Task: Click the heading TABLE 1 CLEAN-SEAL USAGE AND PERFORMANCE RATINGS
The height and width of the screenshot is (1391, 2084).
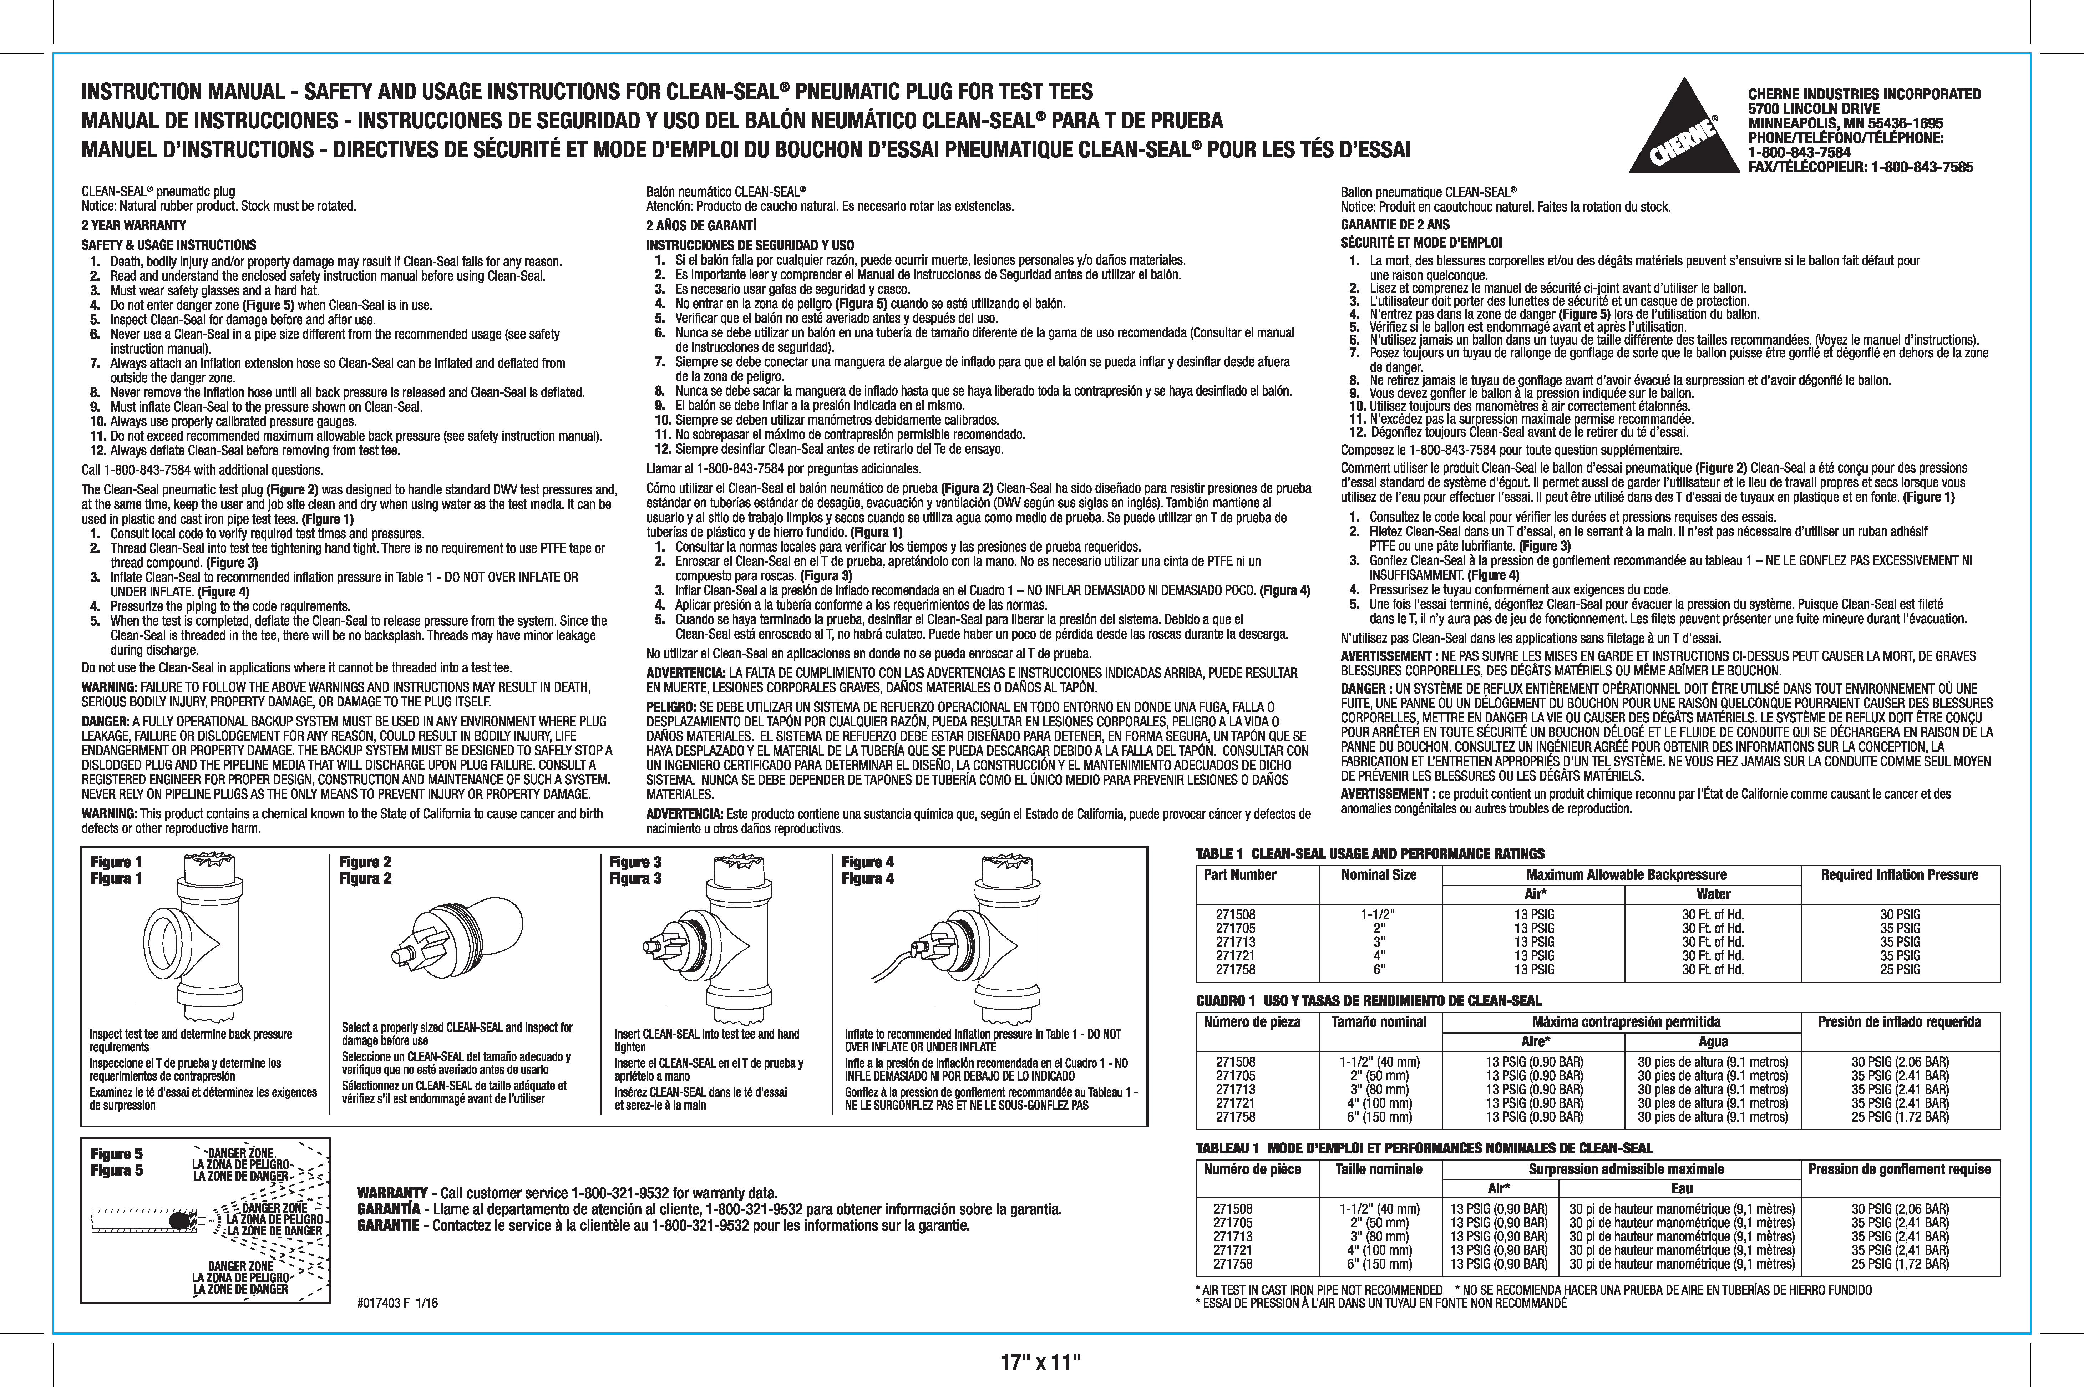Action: (1370, 853)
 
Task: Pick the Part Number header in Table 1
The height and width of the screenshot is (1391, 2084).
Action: (1239, 875)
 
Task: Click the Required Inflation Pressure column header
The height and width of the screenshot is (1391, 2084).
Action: (1900, 875)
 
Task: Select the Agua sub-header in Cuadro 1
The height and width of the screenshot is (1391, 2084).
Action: (1713, 1041)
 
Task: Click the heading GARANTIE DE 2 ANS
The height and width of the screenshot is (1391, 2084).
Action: (1395, 224)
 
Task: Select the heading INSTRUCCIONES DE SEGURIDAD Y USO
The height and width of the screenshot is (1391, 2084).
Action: (750, 245)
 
